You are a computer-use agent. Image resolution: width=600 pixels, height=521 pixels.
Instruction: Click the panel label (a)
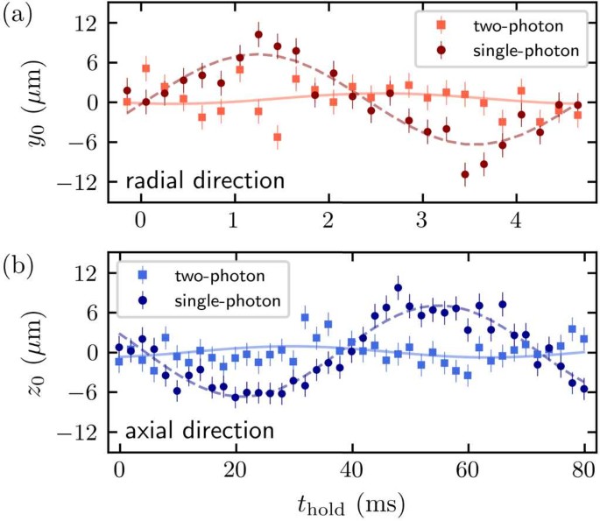[x=18, y=15]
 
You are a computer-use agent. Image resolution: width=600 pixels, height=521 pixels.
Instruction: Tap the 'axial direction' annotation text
[x=201, y=430]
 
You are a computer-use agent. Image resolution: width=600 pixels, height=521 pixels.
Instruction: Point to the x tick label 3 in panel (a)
[x=422, y=219]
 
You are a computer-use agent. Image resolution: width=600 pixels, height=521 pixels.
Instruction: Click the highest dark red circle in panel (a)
[x=258, y=35]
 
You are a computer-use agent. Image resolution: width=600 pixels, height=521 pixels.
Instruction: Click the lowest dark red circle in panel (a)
[x=465, y=174]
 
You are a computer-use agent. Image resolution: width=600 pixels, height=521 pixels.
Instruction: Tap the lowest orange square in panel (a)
[x=278, y=137]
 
